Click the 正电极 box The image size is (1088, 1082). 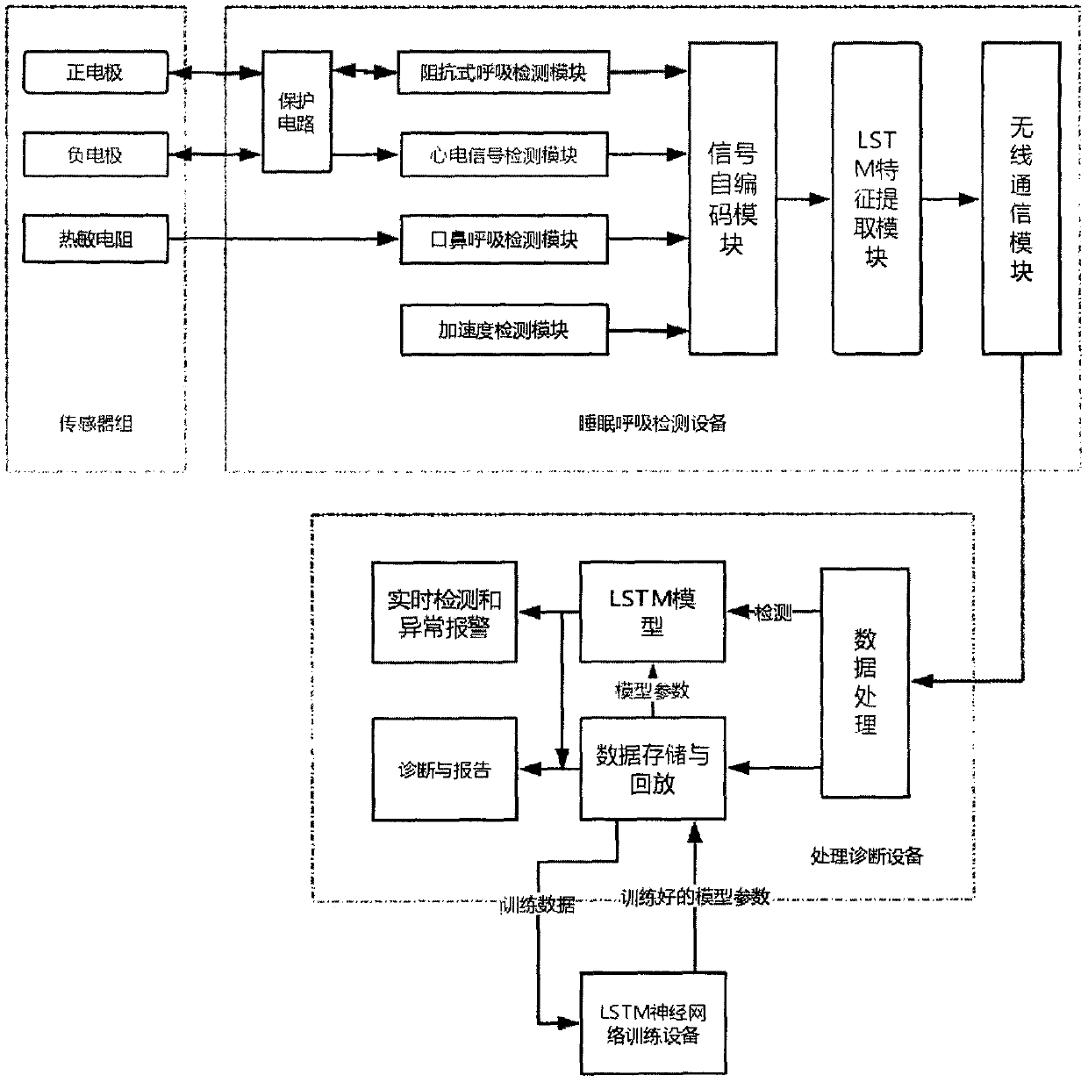point(96,72)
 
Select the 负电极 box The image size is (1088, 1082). point(96,154)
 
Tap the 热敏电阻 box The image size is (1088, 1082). point(96,239)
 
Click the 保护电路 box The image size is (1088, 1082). point(297,111)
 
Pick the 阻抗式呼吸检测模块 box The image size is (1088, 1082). point(504,72)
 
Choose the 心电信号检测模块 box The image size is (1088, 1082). point(505,154)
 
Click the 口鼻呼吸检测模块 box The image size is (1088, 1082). point(505,240)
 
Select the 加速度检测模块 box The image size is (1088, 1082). point(505,330)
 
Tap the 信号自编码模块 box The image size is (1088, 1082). point(733,198)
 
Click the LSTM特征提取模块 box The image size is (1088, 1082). point(877,198)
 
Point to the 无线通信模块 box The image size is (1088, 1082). point(1021,198)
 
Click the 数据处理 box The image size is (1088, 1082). point(865,683)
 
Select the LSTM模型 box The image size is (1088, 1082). point(653,612)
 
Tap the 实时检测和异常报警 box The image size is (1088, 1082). point(444,613)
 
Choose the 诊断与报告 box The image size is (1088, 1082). point(445,769)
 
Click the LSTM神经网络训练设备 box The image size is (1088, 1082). point(654,1023)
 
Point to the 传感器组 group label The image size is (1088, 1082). point(96,424)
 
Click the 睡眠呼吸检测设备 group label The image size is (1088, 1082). point(653,423)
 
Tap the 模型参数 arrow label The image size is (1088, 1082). point(652,691)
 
